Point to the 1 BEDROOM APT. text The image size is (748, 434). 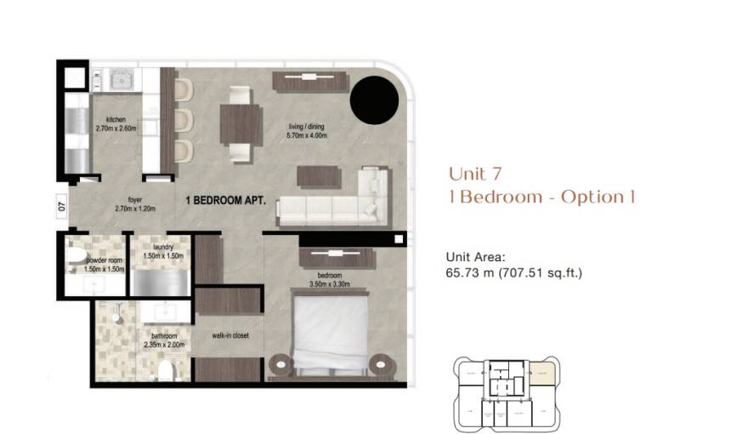tap(226, 202)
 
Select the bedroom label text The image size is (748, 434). tap(330, 276)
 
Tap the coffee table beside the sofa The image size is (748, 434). tap(319, 175)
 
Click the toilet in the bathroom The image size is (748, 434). tap(165, 370)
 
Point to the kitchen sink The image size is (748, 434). tap(116, 81)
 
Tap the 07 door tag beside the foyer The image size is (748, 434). tap(62, 204)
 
